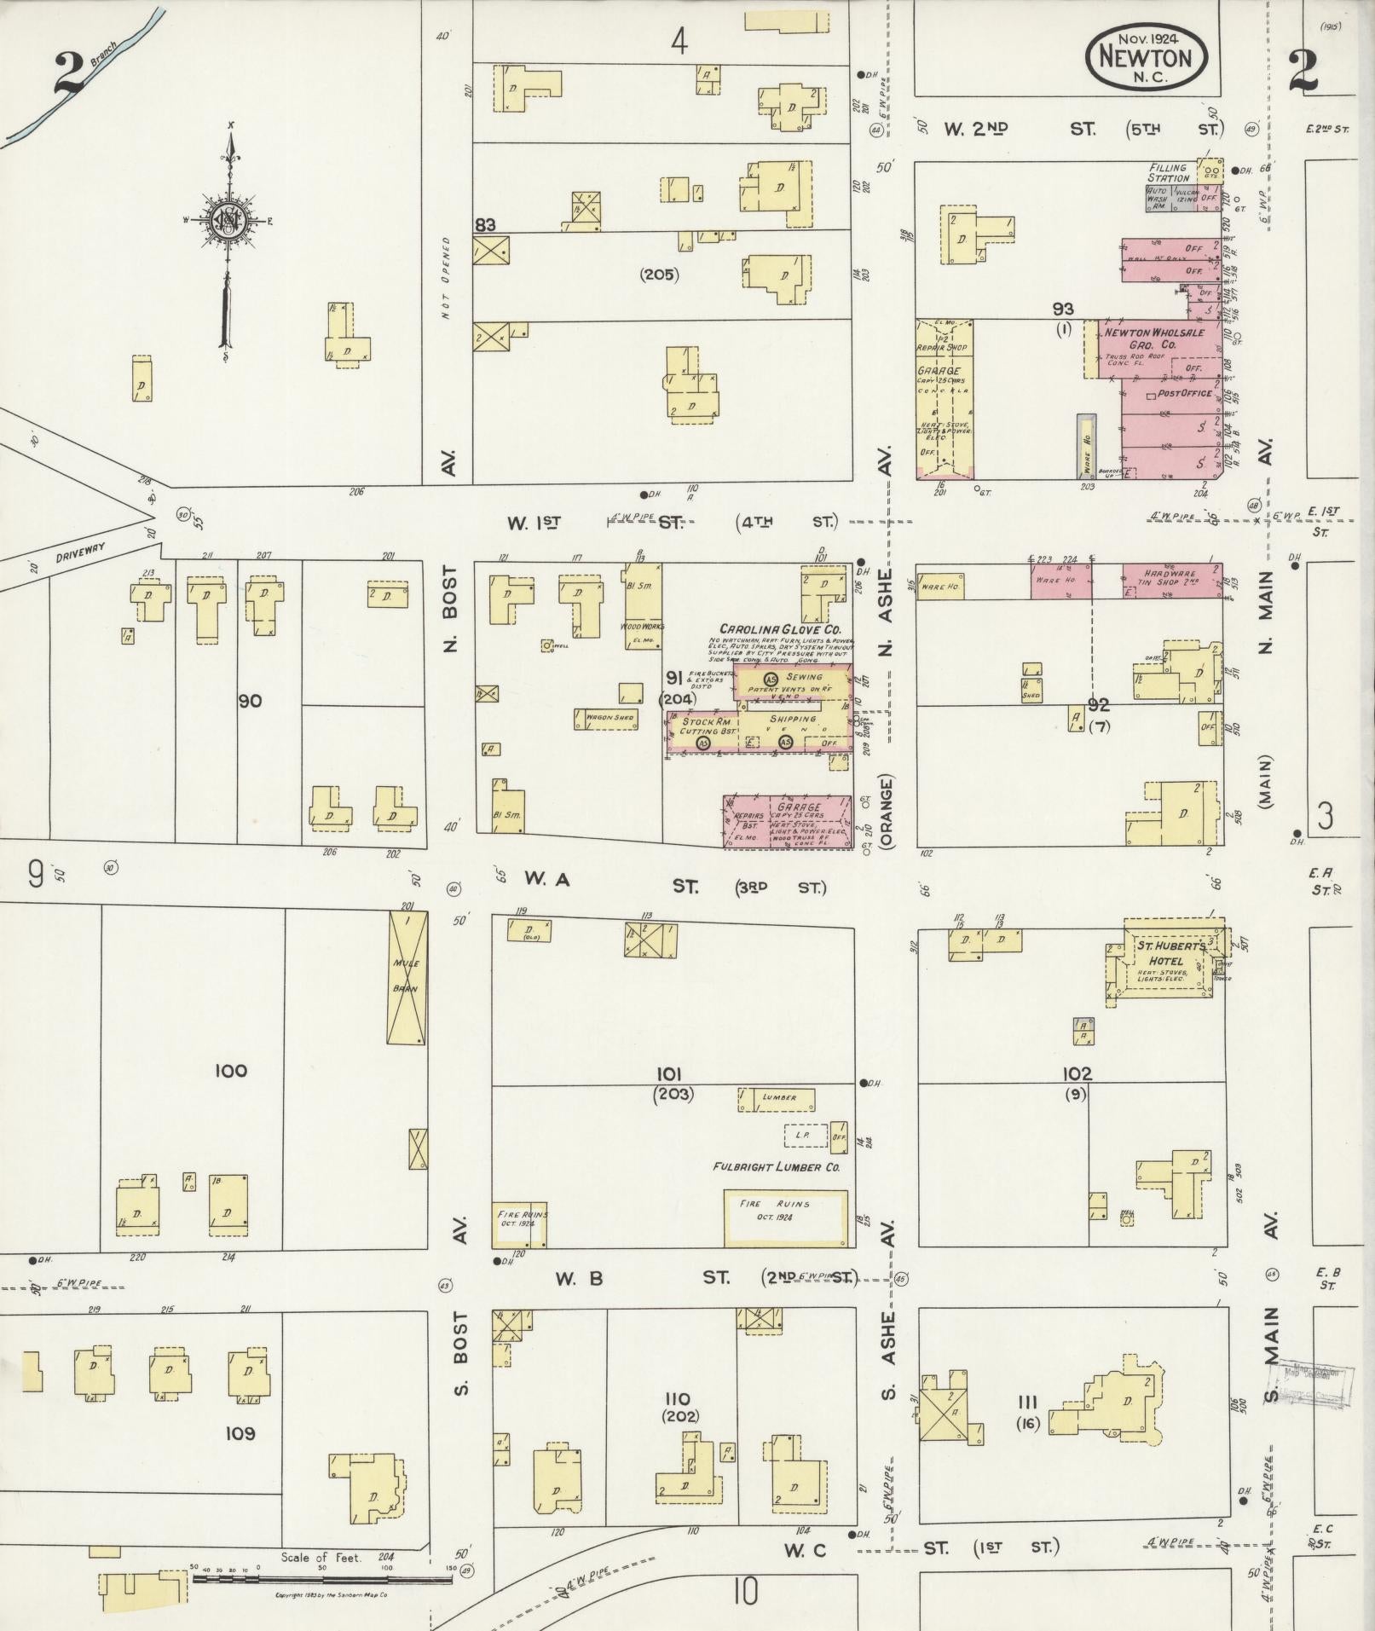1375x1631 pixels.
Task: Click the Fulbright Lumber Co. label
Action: (x=776, y=1166)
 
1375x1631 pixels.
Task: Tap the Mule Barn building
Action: (x=407, y=976)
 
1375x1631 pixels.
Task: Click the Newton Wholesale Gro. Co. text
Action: (x=1153, y=338)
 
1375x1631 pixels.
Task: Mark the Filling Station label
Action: (x=1168, y=173)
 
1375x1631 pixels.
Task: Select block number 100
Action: (x=231, y=1071)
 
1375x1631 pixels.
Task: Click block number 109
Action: (x=240, y=1433)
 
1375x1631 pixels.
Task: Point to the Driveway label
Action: (x=81, y=552)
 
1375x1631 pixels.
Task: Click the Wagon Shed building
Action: (x=609, y=718)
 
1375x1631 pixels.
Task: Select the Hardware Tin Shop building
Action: (x=1171, y=580)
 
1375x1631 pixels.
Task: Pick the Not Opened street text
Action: (x=446, y=277)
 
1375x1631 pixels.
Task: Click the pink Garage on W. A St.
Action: (x=788, y=822)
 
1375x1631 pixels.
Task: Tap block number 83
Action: (x=485, y=225)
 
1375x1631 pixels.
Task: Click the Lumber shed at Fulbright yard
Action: (x=777, y=1098)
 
